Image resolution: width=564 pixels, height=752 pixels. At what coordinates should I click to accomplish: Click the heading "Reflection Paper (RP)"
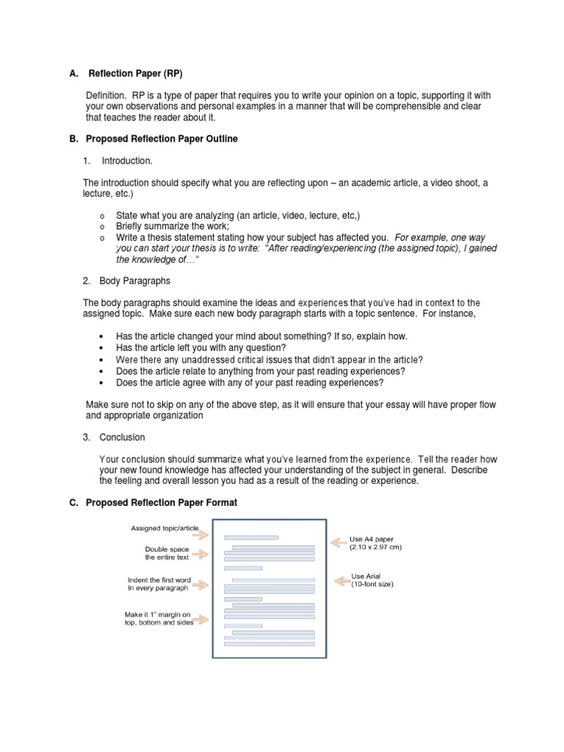coord(135,73)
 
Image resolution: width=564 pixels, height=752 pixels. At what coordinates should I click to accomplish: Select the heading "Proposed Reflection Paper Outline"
coord(162,139)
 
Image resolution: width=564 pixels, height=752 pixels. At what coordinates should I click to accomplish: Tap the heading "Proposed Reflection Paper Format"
coord(162,503)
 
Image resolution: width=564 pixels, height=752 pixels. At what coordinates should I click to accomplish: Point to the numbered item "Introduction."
coord(127,161)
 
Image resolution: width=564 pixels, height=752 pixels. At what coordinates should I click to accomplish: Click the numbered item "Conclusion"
coord(122,438)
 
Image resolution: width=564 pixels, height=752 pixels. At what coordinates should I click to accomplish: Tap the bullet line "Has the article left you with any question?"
coord(200,347)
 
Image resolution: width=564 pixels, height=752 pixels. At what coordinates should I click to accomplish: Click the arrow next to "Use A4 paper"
coord(339,543)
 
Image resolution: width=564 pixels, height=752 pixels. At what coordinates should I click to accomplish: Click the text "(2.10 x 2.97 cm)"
coord(376,548)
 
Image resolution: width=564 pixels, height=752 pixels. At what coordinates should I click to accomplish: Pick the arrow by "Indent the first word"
coord(202,584)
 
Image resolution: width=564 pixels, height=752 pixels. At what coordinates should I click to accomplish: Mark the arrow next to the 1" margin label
coord(202,619)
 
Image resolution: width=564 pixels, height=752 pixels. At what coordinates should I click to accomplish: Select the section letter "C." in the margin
coord(73,503)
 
